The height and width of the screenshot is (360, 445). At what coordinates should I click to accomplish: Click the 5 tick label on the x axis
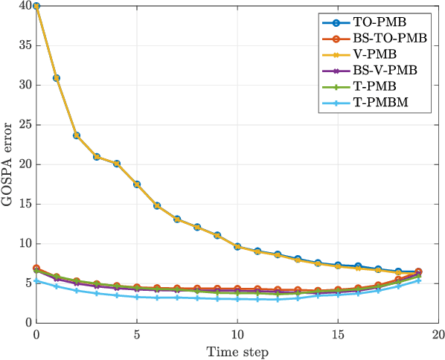(x=137, y=334)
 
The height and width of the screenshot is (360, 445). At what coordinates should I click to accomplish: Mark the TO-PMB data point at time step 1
(x=57, y=78)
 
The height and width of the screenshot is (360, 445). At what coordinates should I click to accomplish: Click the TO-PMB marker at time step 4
(x=117, y=164)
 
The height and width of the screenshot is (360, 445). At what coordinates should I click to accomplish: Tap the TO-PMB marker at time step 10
(x=237, y=246)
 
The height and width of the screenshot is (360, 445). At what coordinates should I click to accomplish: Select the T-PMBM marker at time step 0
(x=36, y=281)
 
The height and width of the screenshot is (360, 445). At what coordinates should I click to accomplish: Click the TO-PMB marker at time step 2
(x=77, y=135)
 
